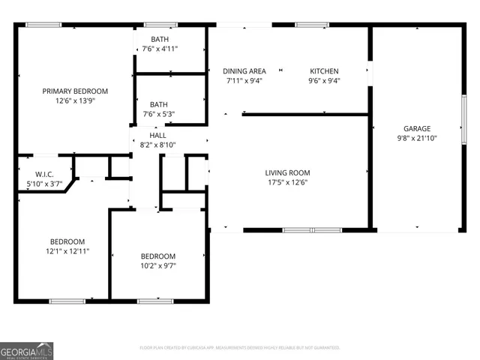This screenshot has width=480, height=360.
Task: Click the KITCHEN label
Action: coord(325,71)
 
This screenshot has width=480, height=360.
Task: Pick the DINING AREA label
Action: coord(244,71)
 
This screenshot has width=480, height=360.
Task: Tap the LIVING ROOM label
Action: coord(288,172)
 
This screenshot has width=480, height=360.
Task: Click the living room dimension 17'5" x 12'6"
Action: coord(288,182)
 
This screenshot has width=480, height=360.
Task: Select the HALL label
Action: coord(158,135)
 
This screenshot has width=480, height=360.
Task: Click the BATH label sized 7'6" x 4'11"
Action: coord(159,39)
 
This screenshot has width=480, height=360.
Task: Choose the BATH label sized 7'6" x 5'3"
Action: coord(159,104)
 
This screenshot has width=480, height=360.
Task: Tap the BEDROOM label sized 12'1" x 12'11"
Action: coord(67,241)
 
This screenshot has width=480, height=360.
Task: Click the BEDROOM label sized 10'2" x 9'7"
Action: coord(158,256)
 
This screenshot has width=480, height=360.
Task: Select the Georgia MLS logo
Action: coord(27,350)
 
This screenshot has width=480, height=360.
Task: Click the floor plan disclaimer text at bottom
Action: coord(240,348)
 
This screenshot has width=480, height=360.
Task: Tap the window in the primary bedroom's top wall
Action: coord(43,25)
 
